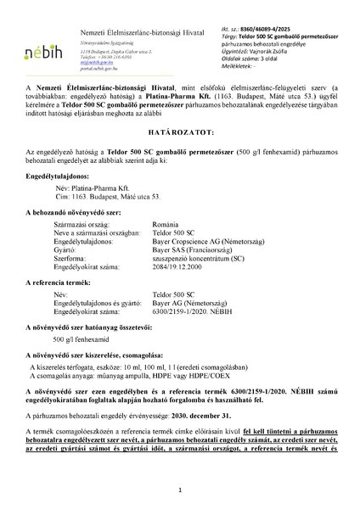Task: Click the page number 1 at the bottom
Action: point(180,489)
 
